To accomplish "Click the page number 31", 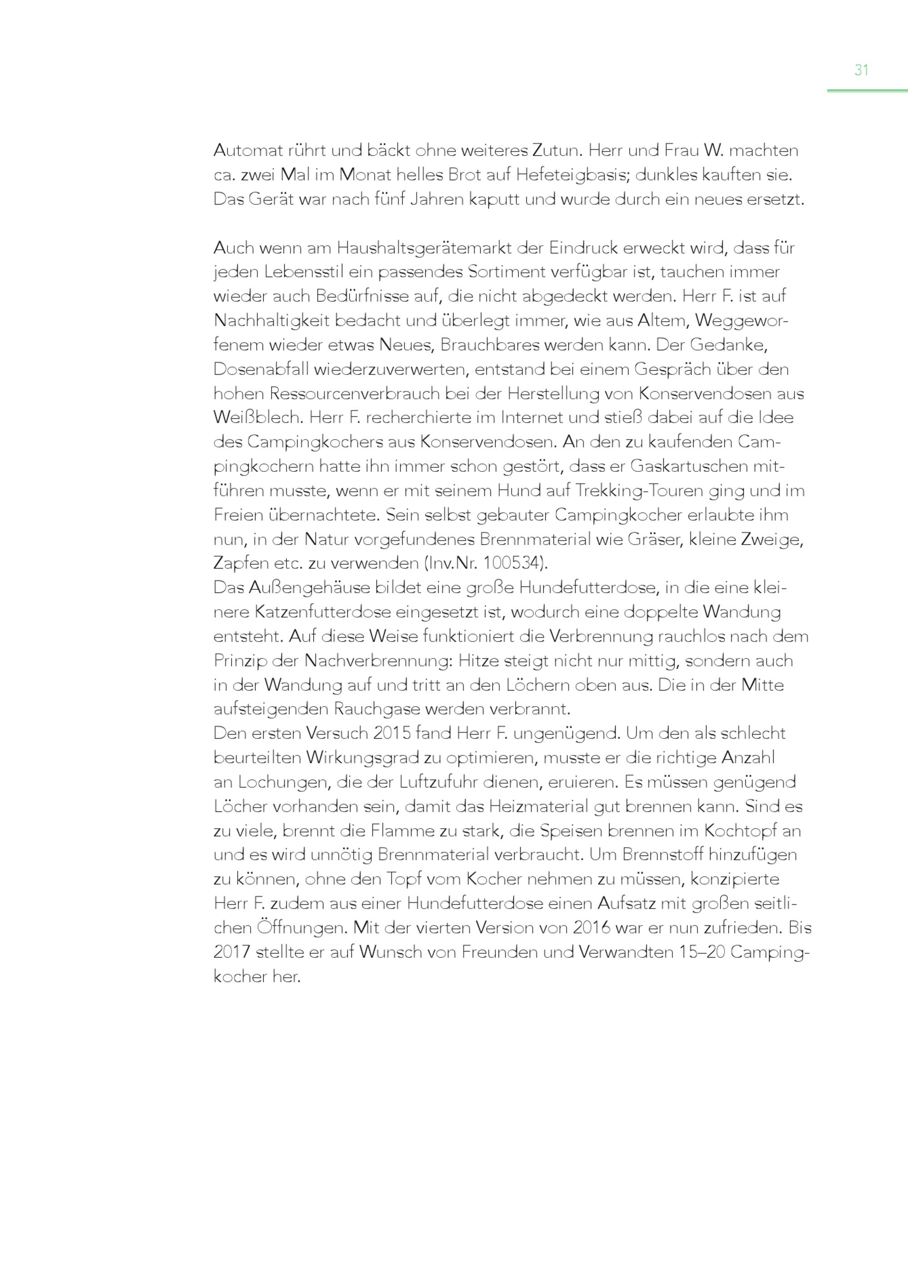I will point(861,70).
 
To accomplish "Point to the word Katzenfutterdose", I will point(323,612).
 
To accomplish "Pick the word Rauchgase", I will point(377,709).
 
